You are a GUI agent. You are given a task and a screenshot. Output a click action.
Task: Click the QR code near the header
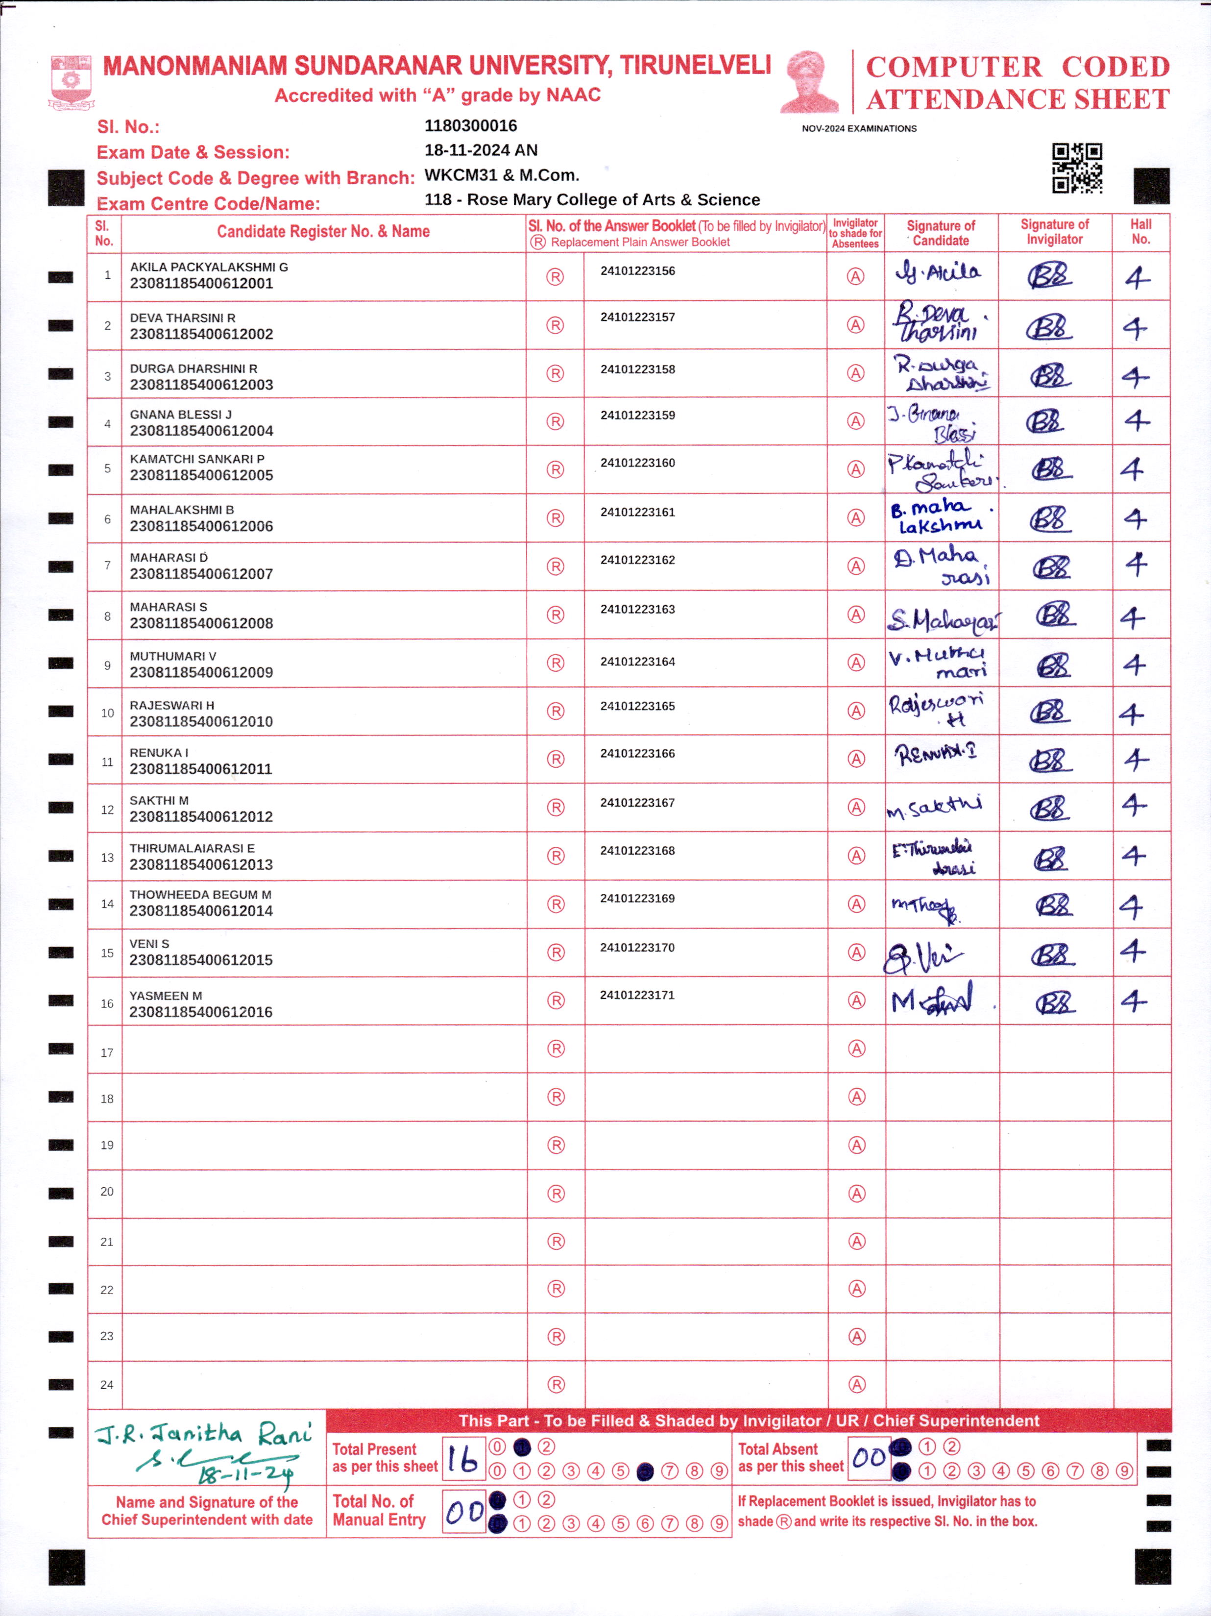coord(1077,168)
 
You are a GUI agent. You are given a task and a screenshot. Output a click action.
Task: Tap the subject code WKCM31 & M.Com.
coord(502,175)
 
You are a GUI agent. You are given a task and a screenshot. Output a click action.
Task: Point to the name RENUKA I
coord(159,753)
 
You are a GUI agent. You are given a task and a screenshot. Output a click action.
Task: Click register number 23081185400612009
coord(201,672)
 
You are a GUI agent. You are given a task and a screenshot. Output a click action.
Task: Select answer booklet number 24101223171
coord(637,995)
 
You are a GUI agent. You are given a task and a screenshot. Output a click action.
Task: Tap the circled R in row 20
coord(556,1194)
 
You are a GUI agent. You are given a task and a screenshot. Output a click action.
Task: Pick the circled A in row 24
coord(857,1384)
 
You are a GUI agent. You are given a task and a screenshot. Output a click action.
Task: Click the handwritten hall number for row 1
coord(1137,278)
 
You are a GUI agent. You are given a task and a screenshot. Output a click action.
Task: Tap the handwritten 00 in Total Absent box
coord(869,1458)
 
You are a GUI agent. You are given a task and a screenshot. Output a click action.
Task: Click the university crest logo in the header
coord(70,82)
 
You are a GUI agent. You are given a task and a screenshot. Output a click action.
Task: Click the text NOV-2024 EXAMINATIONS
coord(859,128)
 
